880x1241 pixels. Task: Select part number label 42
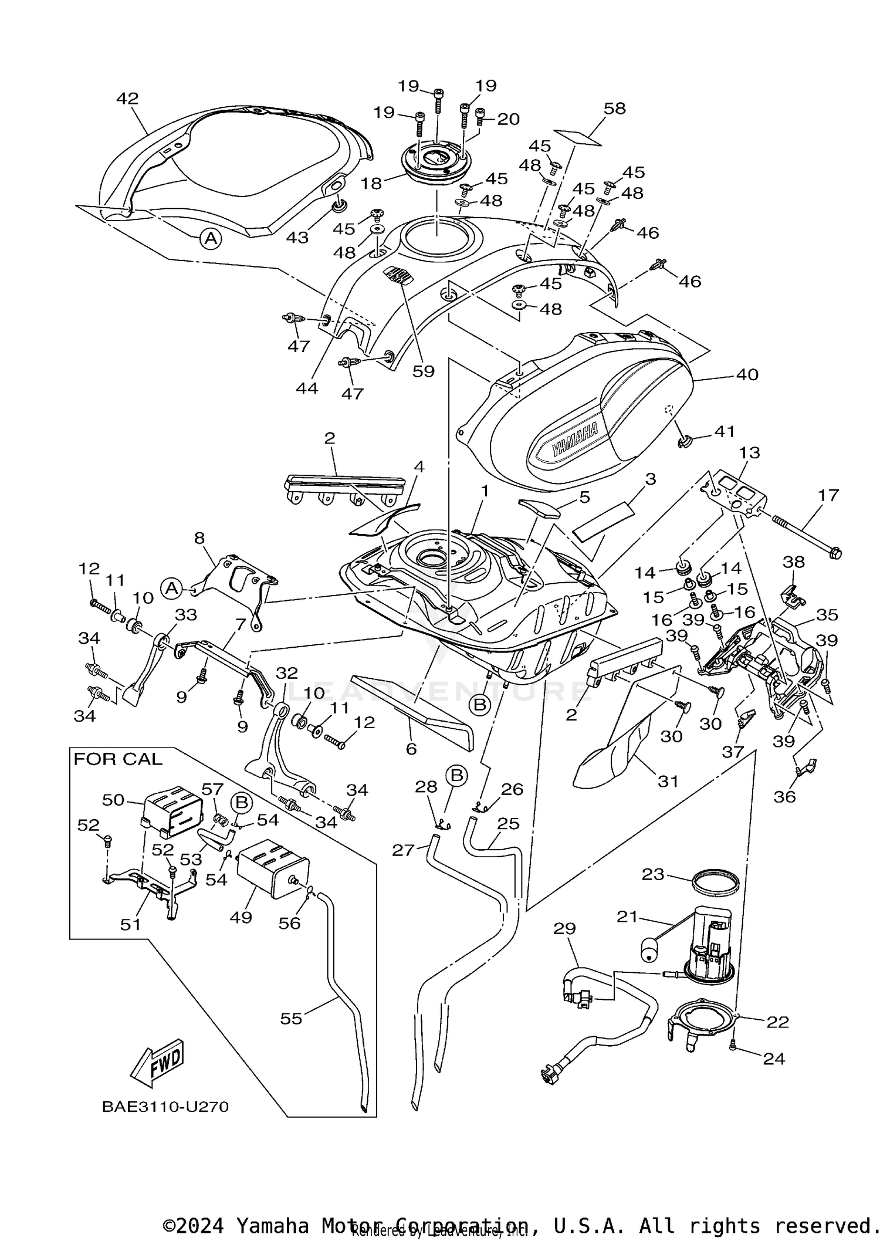point(127,99)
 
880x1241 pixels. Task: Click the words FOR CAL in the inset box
point(117,759)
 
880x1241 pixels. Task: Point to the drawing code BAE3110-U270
point(165,1107)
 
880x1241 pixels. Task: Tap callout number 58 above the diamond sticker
point(614,109)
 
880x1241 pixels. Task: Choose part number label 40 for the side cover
point(747,374)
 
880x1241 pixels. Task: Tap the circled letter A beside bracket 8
point(171,588)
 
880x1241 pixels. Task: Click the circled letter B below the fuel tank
point(480,705)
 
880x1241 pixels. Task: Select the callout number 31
point(668,781)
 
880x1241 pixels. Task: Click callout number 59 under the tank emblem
point(423,371)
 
